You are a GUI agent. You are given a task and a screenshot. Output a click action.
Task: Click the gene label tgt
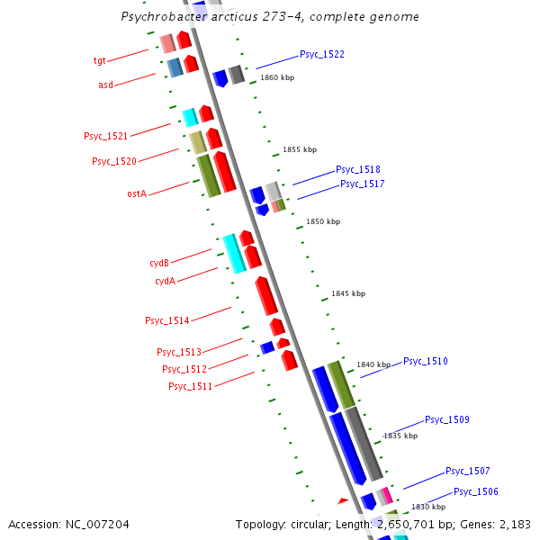click(x=100, y=60)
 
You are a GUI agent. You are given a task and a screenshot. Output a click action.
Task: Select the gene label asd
click(x=105, y=85)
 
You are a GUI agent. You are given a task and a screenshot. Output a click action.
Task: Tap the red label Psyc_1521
click(x=105, y=136)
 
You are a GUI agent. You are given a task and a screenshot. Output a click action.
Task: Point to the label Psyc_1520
click(x=114, y=161)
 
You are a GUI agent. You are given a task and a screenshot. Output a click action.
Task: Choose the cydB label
click(x=159, y=263)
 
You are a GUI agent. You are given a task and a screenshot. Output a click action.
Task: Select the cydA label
click(x=165, y=281)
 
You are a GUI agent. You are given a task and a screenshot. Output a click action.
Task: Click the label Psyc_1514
click(x=166, y=320)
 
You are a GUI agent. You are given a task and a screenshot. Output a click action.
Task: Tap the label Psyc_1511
click(x=190, y=386)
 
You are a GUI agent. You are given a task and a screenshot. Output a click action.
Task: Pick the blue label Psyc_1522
click(x=322, y=54)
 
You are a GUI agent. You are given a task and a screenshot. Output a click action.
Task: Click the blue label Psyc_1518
click(x=357, y=169)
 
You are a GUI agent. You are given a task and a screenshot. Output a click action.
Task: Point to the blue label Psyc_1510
click(x=425, y=361)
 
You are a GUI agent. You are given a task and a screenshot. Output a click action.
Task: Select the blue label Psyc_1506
click(x=475, y=491)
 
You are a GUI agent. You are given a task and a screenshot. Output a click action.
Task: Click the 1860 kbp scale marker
click(x=277, y=77)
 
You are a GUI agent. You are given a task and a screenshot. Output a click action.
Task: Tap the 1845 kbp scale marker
click(x=348, y=293)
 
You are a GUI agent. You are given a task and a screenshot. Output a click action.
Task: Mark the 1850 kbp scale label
click(x=323, y=221)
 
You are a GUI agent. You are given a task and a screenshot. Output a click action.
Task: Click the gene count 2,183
click(x=514, y=524)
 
